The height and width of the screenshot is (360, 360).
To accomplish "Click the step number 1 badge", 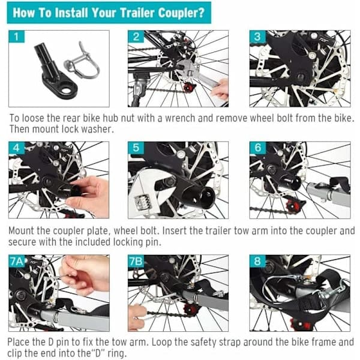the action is click(x=17, y=37).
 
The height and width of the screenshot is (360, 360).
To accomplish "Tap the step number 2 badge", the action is click(x=136, y=37).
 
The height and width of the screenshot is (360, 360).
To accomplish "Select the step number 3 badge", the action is click(x=257, y=37).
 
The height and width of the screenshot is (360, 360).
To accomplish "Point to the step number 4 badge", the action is click(x=17, y=148).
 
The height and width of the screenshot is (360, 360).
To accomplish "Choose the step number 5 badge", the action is click(x=136, y=148).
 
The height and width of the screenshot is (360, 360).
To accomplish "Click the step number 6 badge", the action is click(x=257, y=148).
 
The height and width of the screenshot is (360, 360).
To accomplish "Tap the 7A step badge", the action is click(x=17, y=261).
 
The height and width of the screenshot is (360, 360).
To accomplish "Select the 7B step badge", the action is click(x=136, y=261).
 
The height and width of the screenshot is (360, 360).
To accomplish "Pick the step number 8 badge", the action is click(x=257, y=261).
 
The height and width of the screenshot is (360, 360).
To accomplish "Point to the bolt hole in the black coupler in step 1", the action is click(x=67, y=91).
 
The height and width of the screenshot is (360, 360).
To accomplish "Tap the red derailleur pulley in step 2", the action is click(x=190, y=88).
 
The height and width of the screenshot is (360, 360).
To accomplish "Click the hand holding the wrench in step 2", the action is click(x=220, y=89).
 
